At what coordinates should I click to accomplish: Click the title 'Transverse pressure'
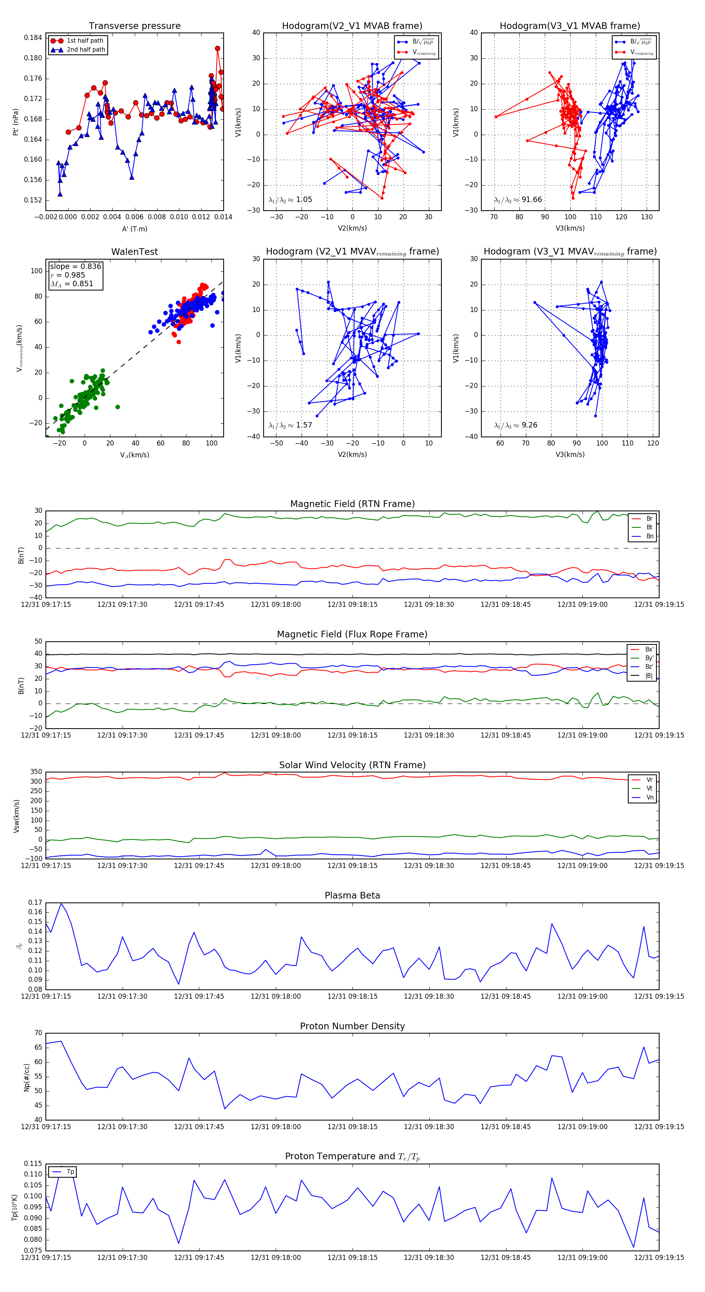pyautogui.click(x=134, y=26)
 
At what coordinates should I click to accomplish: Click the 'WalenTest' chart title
pyautogui.click(x=134, y=252)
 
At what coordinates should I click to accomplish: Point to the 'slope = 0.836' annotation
pyautogui.click(x=75, y=266)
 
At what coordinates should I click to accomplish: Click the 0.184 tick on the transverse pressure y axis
pyautogui.click(x=33, y=38)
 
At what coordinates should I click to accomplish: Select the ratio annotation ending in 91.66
pyautogui.click(x=518, y=200)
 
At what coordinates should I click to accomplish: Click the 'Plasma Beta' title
pyautogui.click(x=352, y=896)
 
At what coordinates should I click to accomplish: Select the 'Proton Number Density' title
pyautogui.click(x=352, y=1026)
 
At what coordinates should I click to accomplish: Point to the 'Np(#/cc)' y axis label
pyautogui.click(x=27, y=1077)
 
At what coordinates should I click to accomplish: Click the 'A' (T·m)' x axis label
pyautogui.click(x=134, y=229)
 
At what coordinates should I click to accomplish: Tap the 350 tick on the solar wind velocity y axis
pyautogui.click(x=36, y=772)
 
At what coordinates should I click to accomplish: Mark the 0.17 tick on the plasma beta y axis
pyautogui.click(x=35, y=903)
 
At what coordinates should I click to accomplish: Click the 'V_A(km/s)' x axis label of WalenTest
pyautogui.click(x=134, y=455)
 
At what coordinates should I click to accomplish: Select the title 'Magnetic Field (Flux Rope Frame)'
pyautogui.click(x=352, y=635)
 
